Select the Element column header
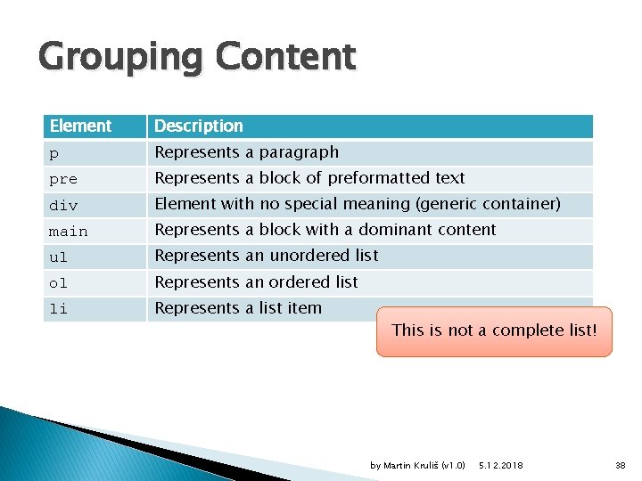[x=81, y=126]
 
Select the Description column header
[x=199, y=126]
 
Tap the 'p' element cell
[x=53, y=153]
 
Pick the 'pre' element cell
[x=63, y=179]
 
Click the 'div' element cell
[x=63, y=205]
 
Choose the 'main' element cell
[x=69, y=231]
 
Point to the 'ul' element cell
[x=59, y=257]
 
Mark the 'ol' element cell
[x=59, y=282]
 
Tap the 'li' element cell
[x=59, y=308]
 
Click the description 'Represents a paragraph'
[x=247, y=152]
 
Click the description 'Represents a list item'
[x=238, y=308]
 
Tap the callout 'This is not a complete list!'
[x=494, y=330]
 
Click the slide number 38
[x=621, y=466]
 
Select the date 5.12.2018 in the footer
[x=501, y=466]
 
